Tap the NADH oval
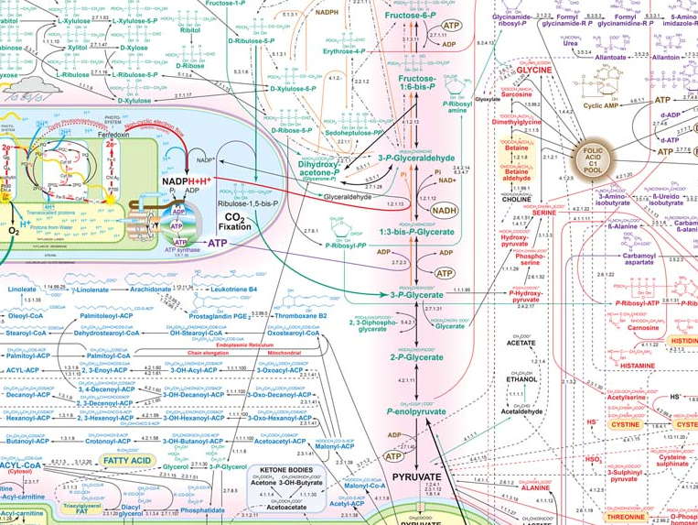pyautogui.click(x=445, y=210)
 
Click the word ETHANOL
pyautogui.click(x=521, y=379)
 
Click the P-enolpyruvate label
pyautogui.click(x=416, y=413)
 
